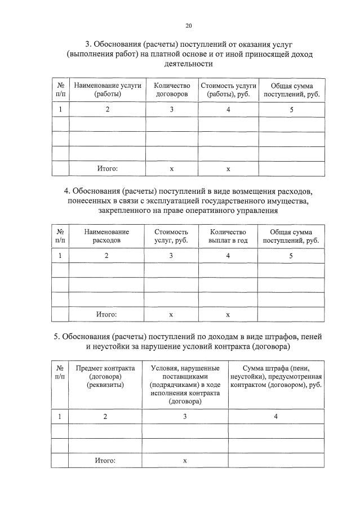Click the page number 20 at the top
point(189,25)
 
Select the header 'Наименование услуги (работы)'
point(107,90)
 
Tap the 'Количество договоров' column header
point(172,90)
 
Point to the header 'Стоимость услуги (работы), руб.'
point(228,90)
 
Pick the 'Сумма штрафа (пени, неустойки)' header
point(276,376)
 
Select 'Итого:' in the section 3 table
point(106,168)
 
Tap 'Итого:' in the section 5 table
point(105,460)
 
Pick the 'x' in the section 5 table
point(185,461)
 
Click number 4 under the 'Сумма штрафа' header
point(276,416)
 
